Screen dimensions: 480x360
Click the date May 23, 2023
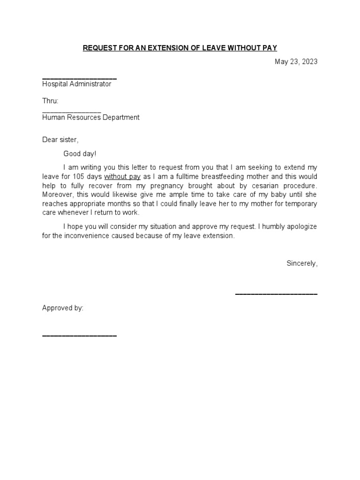(296, 61)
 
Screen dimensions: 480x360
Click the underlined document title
(180, 48)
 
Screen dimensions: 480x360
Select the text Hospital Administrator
(77, 84)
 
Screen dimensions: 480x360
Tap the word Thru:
(50, 101)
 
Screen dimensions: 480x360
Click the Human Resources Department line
(91, 118)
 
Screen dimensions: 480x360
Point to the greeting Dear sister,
(60, 140)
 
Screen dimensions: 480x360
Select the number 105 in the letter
(80, 177)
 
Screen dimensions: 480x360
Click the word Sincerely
(302, 263)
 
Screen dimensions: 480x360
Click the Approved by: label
(63, 308)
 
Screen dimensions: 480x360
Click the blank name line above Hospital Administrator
(79, 78)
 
